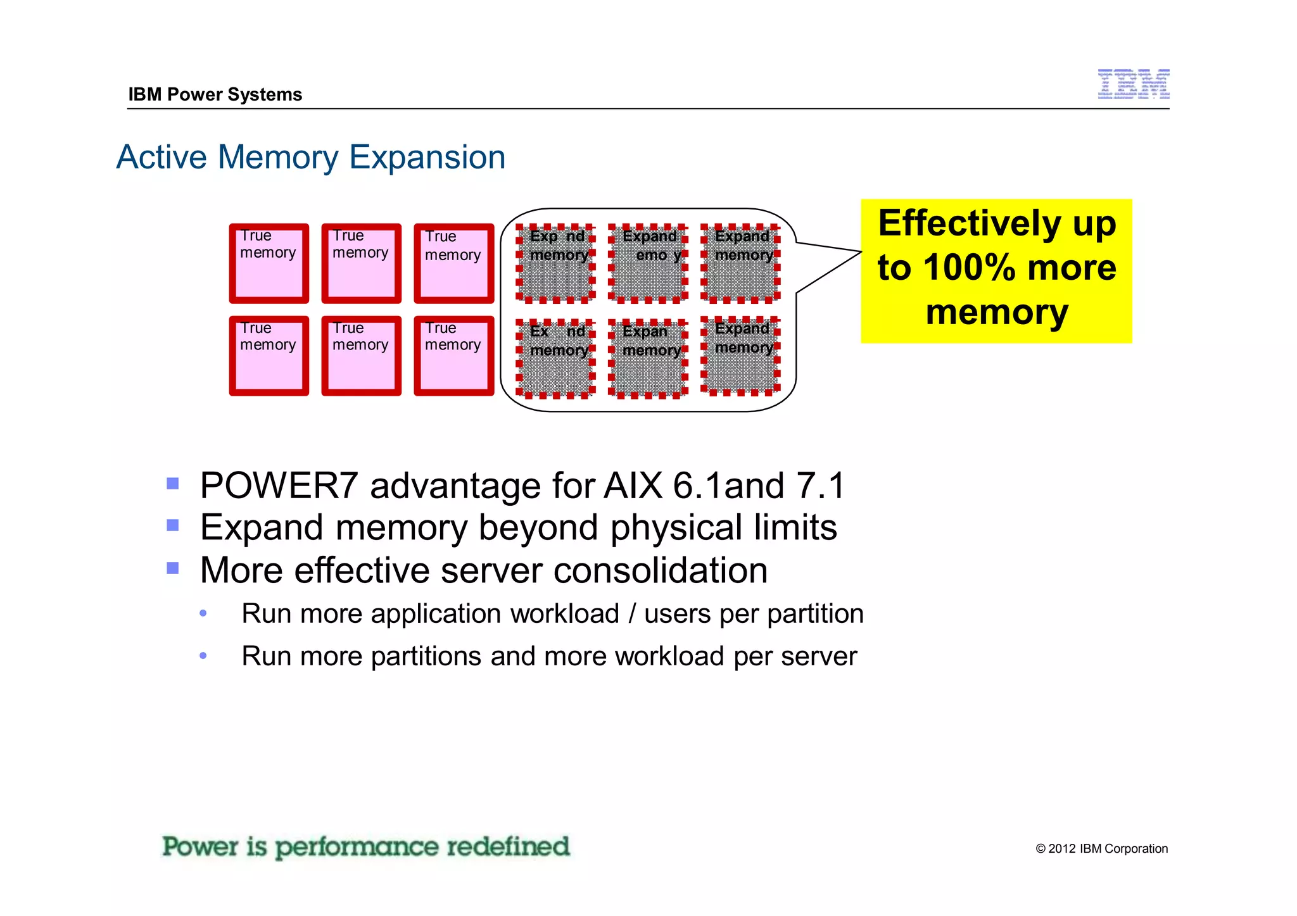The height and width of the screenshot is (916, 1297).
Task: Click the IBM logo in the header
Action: point(1133,84)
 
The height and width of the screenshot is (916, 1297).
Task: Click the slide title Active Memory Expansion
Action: point(311,157)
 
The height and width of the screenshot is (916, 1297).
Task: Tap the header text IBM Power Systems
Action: point(215,94)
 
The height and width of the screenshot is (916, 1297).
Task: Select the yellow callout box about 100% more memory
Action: point(996,271)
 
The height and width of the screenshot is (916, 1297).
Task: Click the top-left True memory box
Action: point(269,263)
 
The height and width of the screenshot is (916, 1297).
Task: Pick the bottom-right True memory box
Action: point(453,356)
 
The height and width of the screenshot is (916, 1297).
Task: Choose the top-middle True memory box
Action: point(361,263)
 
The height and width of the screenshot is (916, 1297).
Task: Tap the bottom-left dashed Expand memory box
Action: point(555,359)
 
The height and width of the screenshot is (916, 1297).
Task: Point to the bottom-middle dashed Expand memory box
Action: point(648,359)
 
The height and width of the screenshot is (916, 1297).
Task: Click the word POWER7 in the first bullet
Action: point(279,486)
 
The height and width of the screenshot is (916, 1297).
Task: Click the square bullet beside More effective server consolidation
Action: point(173,568)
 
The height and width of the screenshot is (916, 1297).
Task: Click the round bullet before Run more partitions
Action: point(203,656)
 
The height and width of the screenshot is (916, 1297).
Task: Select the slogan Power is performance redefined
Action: point(366,847)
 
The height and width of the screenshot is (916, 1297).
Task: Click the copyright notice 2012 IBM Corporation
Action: point(1101,849)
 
